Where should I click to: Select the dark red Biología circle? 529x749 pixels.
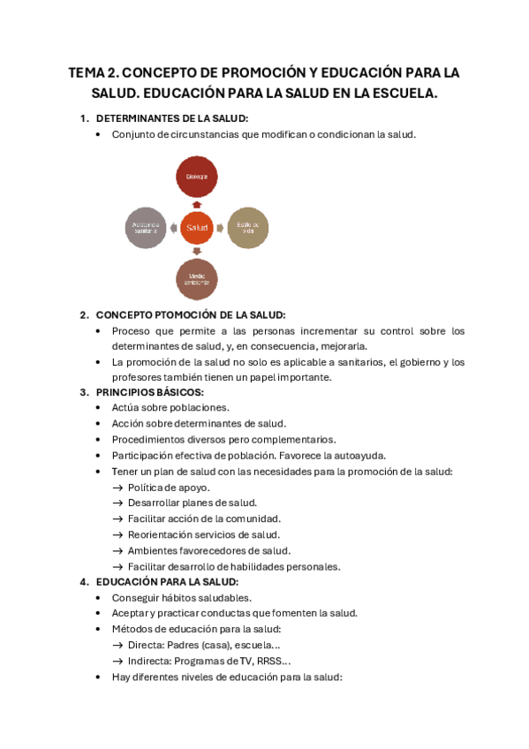coord(196,177)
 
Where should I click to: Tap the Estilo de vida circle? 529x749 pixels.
coord(247,227)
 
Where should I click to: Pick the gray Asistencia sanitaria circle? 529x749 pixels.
coord(146,227)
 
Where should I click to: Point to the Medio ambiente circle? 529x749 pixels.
coord(196,280)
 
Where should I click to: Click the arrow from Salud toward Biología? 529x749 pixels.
coord(196,203)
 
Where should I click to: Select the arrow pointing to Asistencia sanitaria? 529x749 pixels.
coord(172,228)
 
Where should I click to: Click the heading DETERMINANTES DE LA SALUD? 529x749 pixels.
coord(171,118)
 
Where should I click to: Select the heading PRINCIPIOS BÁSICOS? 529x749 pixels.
coord(149,391)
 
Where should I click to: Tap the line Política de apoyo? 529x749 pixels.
coord(169,487)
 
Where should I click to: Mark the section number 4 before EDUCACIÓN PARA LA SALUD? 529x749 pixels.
coord(83,582)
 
